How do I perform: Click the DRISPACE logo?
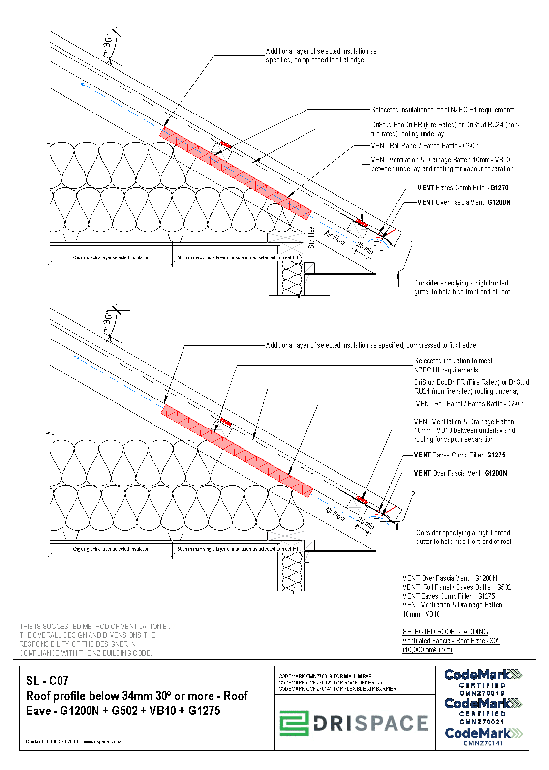[354, 723]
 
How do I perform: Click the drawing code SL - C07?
[47, 681]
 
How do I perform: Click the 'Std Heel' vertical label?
[311, 237]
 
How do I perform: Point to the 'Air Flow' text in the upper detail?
[335, 238]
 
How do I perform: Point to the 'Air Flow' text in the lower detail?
[335, 514]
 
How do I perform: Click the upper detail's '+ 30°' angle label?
[107, 45]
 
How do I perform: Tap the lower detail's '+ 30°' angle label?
[107, 322]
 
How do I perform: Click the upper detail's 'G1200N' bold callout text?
[499, 202]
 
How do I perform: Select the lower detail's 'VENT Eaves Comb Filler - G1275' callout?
[459, 455]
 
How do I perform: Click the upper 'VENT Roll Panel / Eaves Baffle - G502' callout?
[424, 146]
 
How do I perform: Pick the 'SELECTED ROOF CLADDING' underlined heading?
[445, 632]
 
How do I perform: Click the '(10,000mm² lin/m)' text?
[427, 650]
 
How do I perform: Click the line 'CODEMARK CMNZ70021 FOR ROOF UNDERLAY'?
[331, 683]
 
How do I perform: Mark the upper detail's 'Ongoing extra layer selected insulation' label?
[111, 257]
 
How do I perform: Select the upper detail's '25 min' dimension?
[365, 247]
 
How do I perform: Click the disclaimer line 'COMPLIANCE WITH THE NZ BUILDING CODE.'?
[86, 653]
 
